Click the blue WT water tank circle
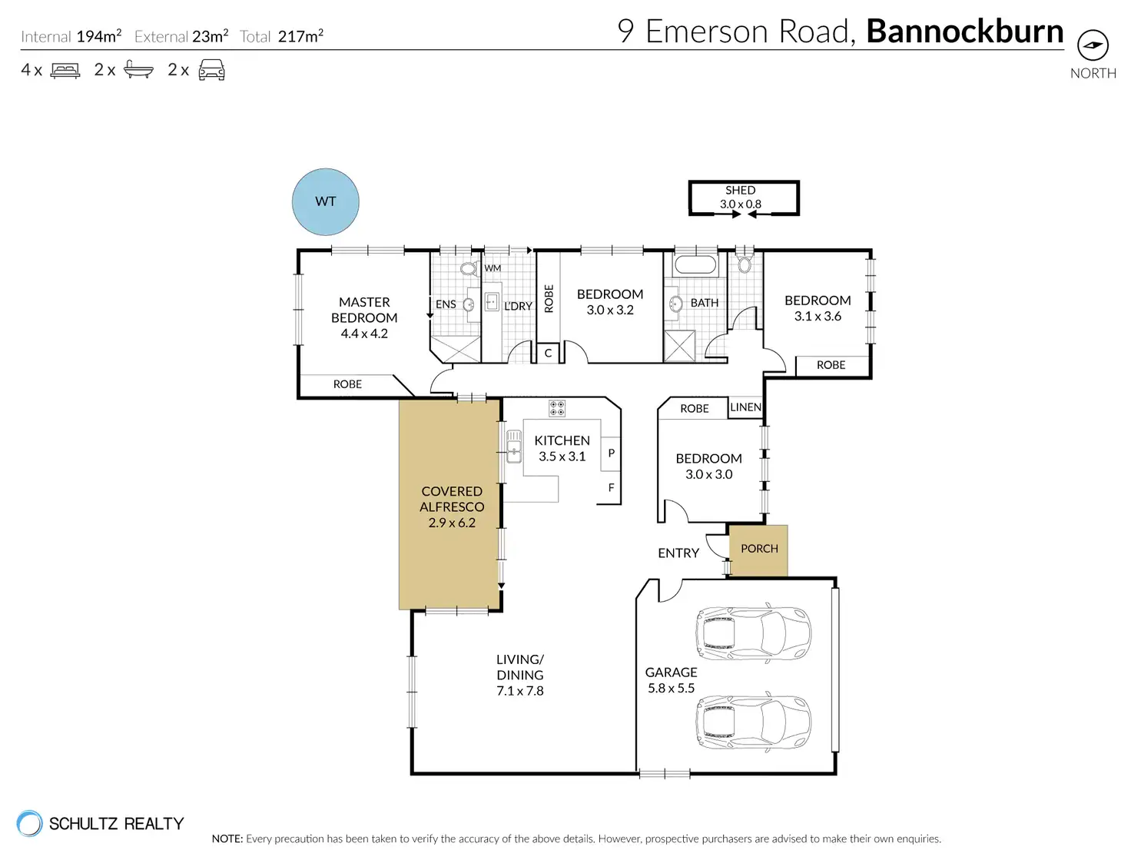pos(325,201)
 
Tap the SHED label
pos(740,190)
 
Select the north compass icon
pos(1093,45)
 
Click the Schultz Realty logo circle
pos(29,822)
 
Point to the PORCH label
pos(759,549)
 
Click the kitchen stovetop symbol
pos(556,408)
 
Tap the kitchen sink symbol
pos(514,446)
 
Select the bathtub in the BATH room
pos(695,265)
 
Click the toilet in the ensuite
pos(469,268)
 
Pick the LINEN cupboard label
pos(745,407)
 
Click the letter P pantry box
pos(611,453)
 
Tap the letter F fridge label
pos(611,487)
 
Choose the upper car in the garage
pos(753,633)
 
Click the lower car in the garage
pos(753,722)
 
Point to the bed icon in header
pos(65,70)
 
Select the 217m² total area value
pos(300,36)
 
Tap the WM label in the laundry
pos(492,268)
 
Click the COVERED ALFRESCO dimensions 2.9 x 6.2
pos(452,523)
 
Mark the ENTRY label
pos(678,553)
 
